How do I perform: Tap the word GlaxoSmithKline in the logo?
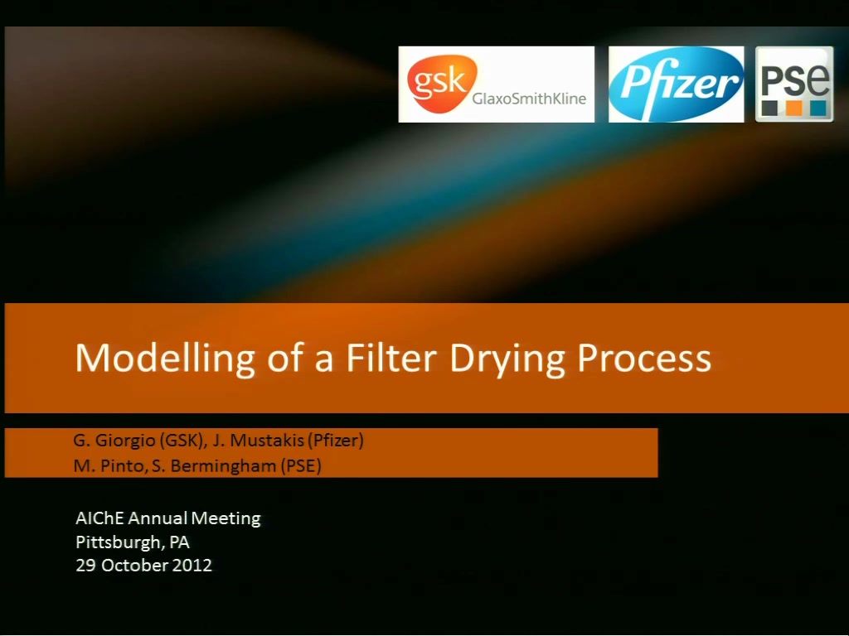[529, 99]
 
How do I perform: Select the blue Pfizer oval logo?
[677, 84]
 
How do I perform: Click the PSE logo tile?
[794, 84]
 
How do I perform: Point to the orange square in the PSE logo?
[793, 108]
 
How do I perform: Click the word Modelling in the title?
[165, 359]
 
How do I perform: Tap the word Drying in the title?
[507, 359]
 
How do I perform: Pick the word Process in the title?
[644, 358]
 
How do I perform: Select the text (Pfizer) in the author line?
[336, 441]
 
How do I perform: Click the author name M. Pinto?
[111, 465]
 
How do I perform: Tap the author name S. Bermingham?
[214, 466]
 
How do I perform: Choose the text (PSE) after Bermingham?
[300, 465]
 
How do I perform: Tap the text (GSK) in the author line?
[183, 441]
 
